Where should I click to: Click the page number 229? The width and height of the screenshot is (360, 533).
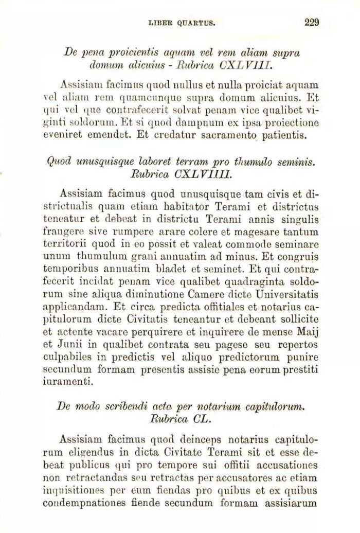tap(312, 22)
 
